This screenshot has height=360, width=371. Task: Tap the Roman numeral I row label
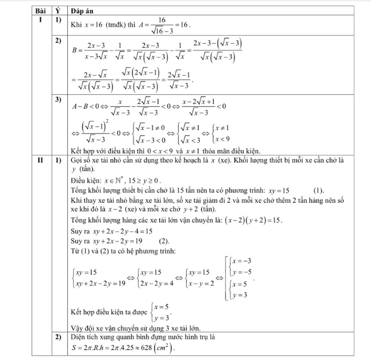pos(40,18)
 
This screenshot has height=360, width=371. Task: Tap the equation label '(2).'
pos(164,241)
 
